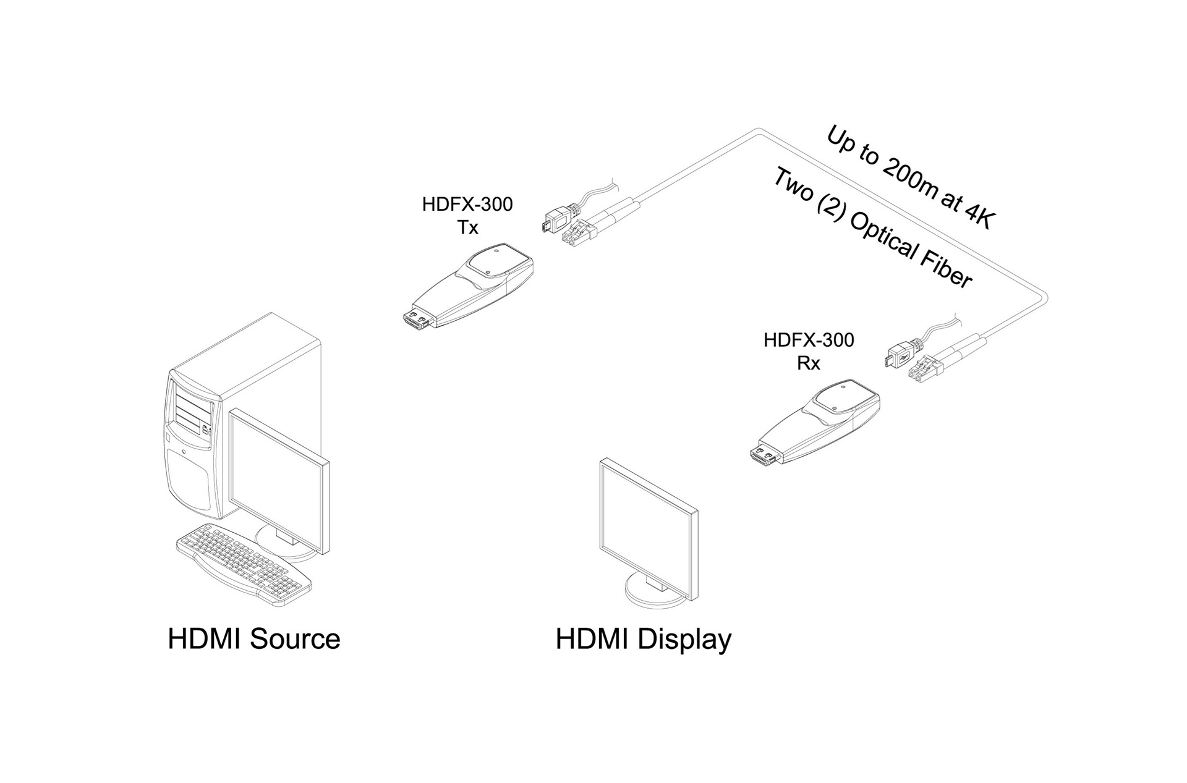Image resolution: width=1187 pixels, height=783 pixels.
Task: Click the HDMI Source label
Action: (253, 639)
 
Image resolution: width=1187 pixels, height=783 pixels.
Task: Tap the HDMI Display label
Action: (643, 639)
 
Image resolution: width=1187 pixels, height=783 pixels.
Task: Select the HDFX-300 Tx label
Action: (467, 216)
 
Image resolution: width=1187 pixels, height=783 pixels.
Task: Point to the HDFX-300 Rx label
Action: (809, 351)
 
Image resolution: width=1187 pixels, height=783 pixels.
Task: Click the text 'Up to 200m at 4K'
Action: (909, 178)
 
